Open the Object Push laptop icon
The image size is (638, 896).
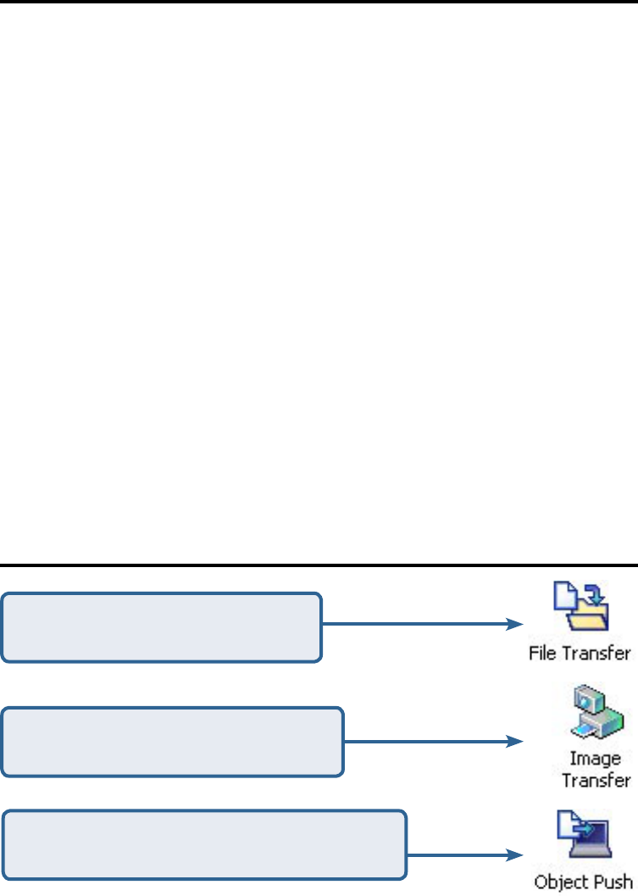point(577,836)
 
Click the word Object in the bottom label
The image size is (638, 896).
point(557,882)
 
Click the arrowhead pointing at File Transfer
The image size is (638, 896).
point(513,625)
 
